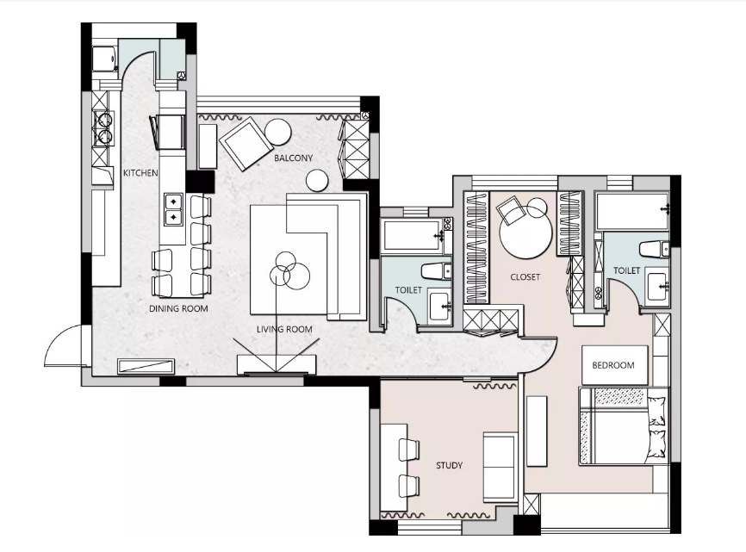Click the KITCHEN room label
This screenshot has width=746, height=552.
click(140, 172)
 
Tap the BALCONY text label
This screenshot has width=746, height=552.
click(293, 158)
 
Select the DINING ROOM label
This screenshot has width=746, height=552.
click(178, 308)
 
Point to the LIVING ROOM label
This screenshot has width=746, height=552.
click(284, 329)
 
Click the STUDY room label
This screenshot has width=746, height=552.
click(449, 466)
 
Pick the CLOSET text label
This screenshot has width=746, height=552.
click(525, 276)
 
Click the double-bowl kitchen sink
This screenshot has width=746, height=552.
click(174, 209)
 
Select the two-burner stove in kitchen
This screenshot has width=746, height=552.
click(103, 129)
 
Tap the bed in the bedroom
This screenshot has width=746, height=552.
click(624, 426)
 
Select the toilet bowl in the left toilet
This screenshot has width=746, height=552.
click(436, 271)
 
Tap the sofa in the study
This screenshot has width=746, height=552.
click(500, 467)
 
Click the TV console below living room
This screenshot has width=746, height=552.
click(276, 364)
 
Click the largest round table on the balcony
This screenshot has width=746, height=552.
click(278, 131)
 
